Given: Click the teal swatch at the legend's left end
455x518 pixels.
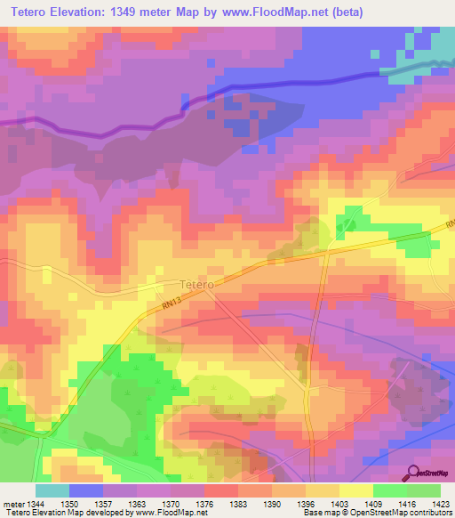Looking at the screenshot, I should pyautogui.click(x=52, y=490).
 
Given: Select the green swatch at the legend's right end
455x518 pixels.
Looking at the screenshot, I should pyautogui.click(x=423, y=490).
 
